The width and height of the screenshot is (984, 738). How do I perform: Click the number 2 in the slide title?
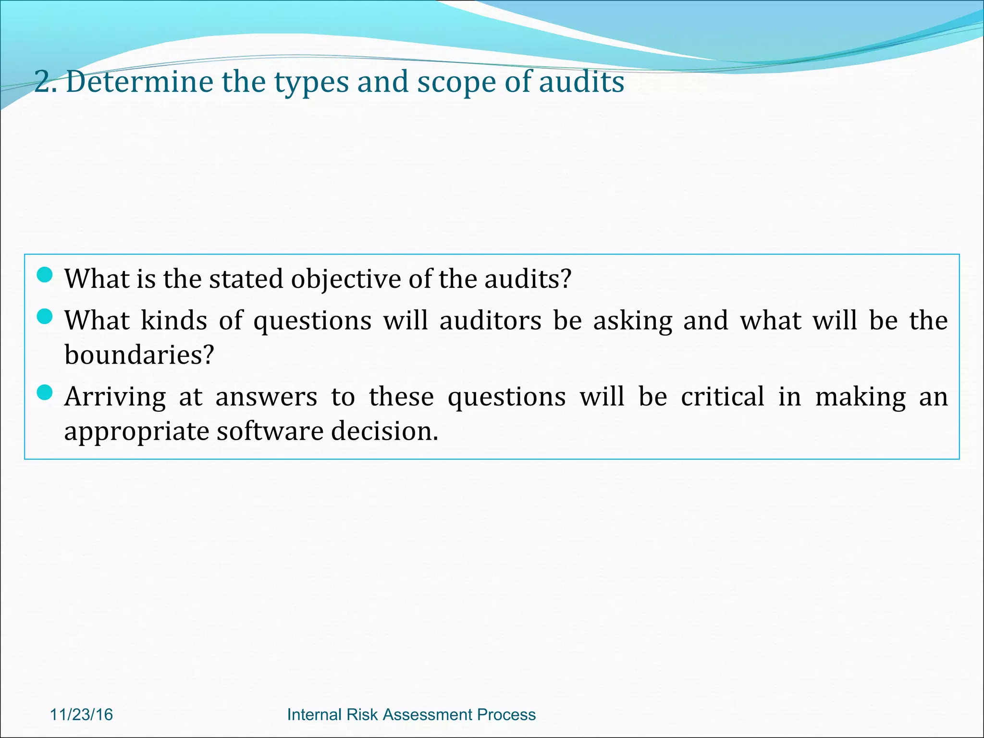(43, 82)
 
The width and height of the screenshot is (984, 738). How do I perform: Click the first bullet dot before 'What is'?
(44, 275)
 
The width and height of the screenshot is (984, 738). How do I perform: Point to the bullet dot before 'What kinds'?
(44, 317)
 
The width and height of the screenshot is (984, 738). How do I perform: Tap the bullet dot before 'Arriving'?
(44, 393)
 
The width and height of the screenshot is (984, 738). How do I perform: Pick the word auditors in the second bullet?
(490, 320)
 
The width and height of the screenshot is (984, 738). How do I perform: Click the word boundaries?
(139, 355)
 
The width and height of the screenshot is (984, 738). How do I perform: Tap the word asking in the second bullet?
(632, 321)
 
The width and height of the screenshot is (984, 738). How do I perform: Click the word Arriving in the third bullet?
(115, 397)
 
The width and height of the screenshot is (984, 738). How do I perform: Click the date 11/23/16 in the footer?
(81, 714)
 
